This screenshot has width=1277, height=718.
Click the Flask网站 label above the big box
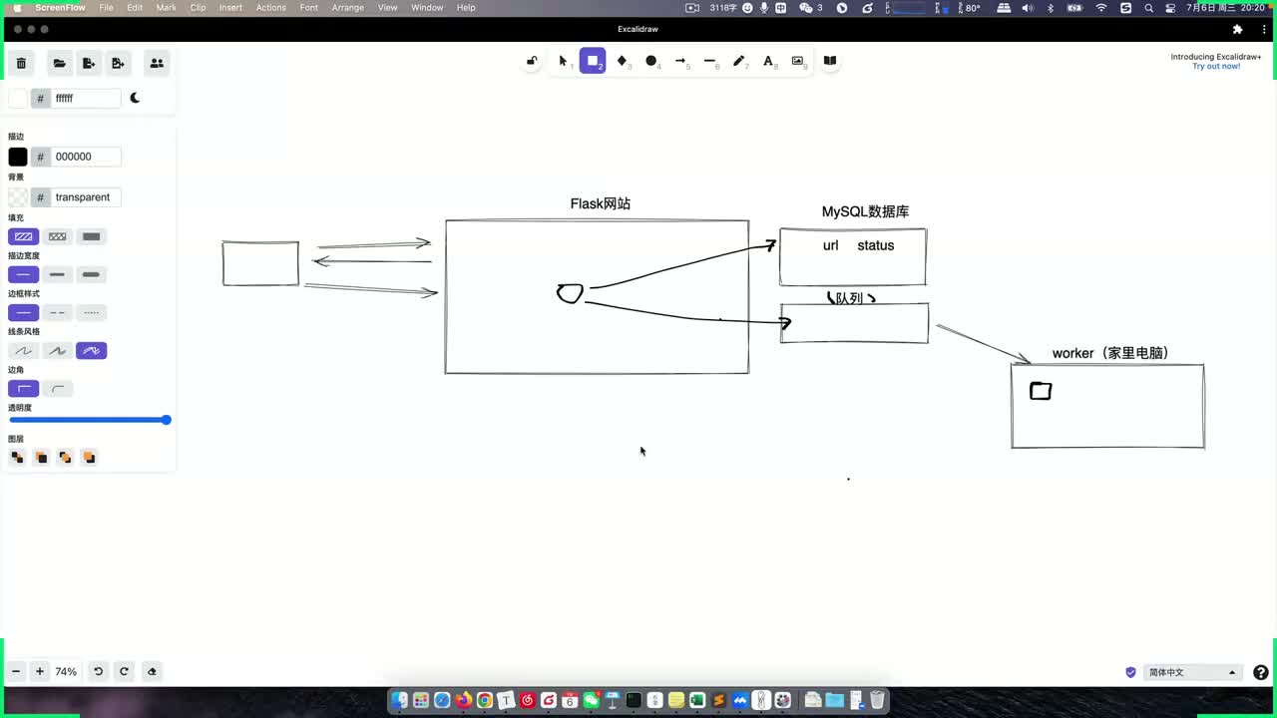coord(600,203)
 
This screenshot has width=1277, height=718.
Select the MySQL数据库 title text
coord(865,211)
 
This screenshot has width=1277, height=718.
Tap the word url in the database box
coord(830,245)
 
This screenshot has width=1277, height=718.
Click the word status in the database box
coord(875,245)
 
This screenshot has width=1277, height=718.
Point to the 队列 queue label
coord(850,298)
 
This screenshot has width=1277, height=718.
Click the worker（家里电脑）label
coord(1110,353)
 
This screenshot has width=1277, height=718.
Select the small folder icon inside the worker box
coord(1041,391)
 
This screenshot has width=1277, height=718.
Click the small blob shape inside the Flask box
coord(570,293)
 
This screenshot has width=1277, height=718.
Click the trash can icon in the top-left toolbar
coord(21,63)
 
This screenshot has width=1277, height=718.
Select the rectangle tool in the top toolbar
coord(593,61)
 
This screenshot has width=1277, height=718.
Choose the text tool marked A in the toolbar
coord(768,61)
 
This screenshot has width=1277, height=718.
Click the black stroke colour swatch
coord(18,157)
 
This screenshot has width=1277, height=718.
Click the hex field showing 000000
coord(86,157)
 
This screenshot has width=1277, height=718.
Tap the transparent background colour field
coord(86,197)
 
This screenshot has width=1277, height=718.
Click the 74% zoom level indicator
coord(66,672)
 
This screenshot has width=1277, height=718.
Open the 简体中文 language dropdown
coord(1191,672)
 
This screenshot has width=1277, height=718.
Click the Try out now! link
coord(1216,67)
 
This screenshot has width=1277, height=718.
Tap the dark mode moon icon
coord(135,98)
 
